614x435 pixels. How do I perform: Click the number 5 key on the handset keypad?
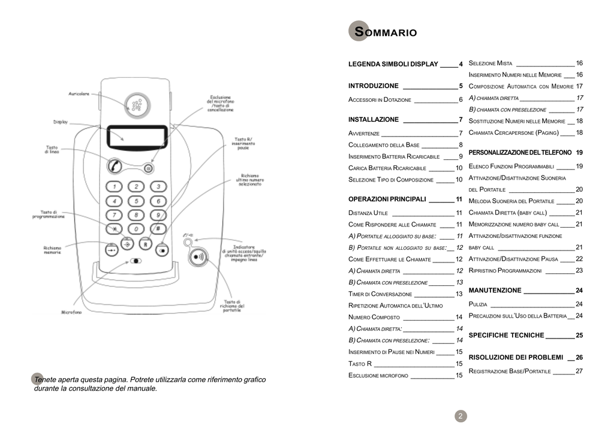[x=136, y=201]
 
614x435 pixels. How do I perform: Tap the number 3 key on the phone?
[x=158, y=186]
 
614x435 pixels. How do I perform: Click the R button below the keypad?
[x=145, y=244]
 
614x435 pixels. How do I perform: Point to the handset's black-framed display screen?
[x=137, y=137]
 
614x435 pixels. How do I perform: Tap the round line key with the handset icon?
[x=115, y=165]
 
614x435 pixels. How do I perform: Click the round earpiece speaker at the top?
[x=137, y=105]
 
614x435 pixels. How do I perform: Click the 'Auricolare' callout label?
[x=79, y=94]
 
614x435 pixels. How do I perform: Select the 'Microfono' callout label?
[x=71, y=312]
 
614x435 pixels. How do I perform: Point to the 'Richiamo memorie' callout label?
[x=52, y=250]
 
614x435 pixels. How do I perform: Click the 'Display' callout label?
[x=61, y=122]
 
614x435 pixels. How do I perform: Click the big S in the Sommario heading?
[x=359, y=32]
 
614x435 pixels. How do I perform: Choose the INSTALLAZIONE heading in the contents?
[x=373, y=120]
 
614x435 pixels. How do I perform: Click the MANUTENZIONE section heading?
[x=495, y=291]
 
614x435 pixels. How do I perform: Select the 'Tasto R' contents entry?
[x=360, y=364]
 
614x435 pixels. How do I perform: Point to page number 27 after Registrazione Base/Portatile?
[x=579, y=371]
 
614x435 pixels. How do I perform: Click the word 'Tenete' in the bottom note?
[x=47, y=379]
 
